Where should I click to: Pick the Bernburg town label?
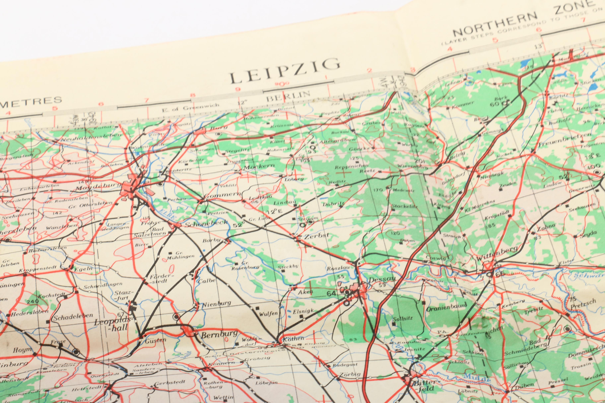coord(219,334)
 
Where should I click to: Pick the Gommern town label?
coord(223,195)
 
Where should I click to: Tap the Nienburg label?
coord(217,304)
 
